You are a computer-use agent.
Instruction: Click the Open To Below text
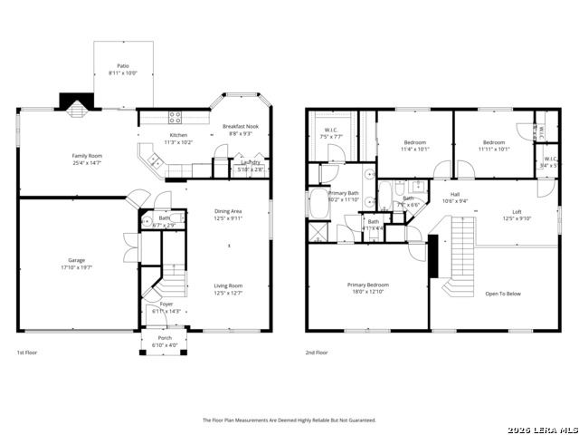[503, 294]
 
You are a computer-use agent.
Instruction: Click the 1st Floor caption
[28, 352]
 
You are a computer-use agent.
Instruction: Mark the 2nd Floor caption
[317, 352]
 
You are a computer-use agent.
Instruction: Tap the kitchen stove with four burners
[175, 117]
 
